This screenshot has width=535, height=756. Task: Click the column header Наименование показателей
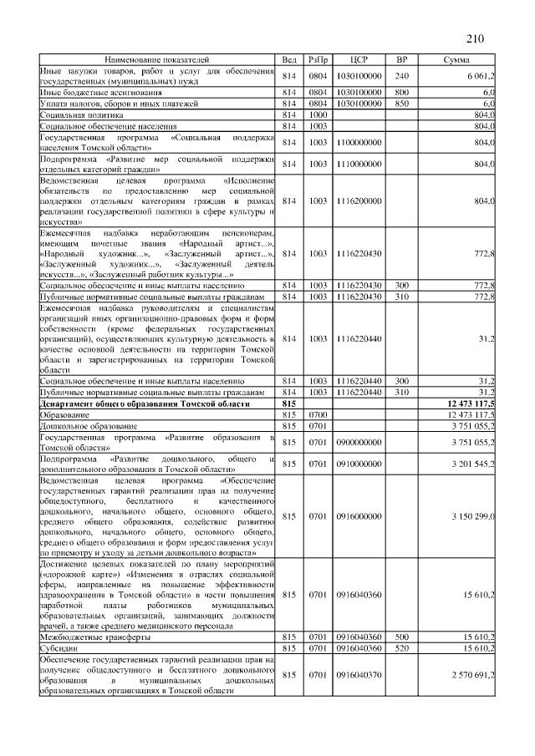pos(156,60)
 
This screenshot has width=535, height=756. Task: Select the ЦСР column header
pos(359,60)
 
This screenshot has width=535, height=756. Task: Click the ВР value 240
pos(401,76)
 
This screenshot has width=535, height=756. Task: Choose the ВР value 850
pos(401,104)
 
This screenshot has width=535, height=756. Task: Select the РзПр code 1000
pos(318,114)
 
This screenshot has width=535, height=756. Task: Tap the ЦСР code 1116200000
pos(359,200)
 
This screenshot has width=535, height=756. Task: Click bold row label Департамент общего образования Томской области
pos(144,403)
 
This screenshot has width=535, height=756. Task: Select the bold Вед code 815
pos(290,403)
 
